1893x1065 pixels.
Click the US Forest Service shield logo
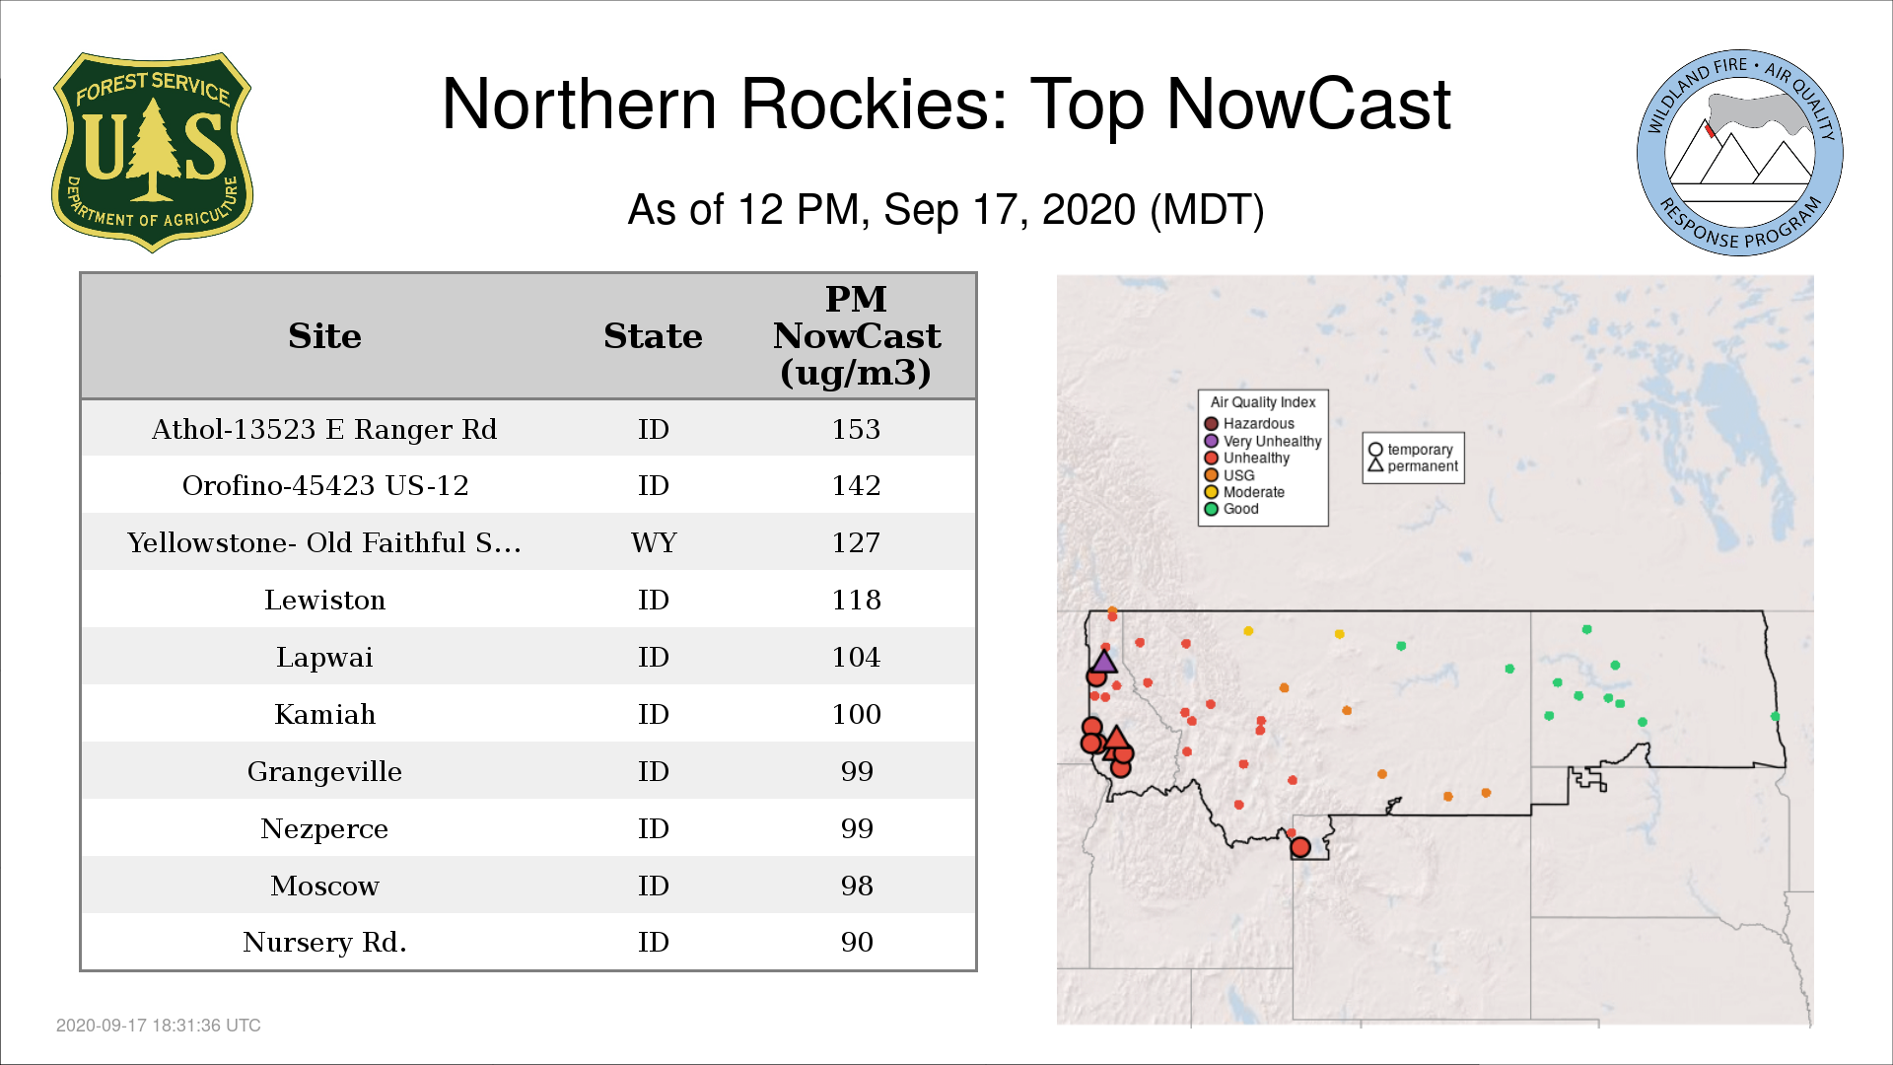point(152,153)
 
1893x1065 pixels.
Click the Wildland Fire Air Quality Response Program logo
point(1740,153)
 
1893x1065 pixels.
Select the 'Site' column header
point(324,336)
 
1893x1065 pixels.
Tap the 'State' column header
point(653,336)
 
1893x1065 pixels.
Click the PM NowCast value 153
point(856,429)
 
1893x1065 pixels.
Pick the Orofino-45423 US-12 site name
point(325,485)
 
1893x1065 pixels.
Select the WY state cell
point(654,542)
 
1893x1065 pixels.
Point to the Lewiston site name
point(324,600)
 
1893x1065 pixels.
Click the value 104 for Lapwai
point(856,657)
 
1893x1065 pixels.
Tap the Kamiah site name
point(324,714)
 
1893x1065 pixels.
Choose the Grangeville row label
point(324,771)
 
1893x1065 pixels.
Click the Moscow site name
point(324,886)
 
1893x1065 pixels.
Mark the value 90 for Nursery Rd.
point(857,942)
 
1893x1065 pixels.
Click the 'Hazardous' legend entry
point(1249,424)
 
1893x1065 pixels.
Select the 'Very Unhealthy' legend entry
point(1263,441)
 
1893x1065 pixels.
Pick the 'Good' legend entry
point(1231,509)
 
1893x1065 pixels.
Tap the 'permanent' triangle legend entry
point(1413,465)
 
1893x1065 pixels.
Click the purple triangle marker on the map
point(1103,662)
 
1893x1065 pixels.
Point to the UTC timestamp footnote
point(159,1026)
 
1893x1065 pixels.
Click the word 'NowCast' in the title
point(1309,104)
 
